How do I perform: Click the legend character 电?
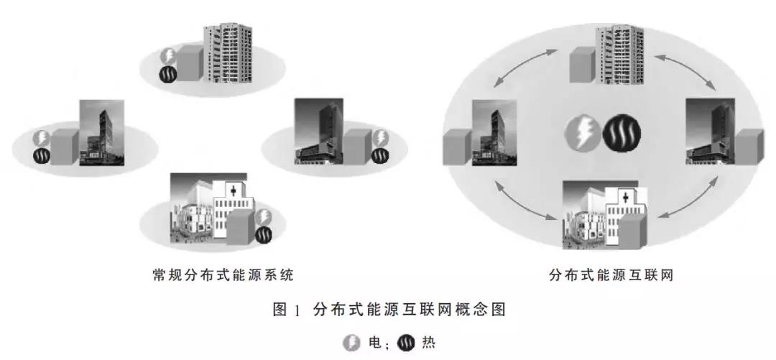[x=374, y=343]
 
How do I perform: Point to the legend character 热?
[x=428, y=343]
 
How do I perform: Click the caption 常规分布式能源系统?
[x=223, y=275]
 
